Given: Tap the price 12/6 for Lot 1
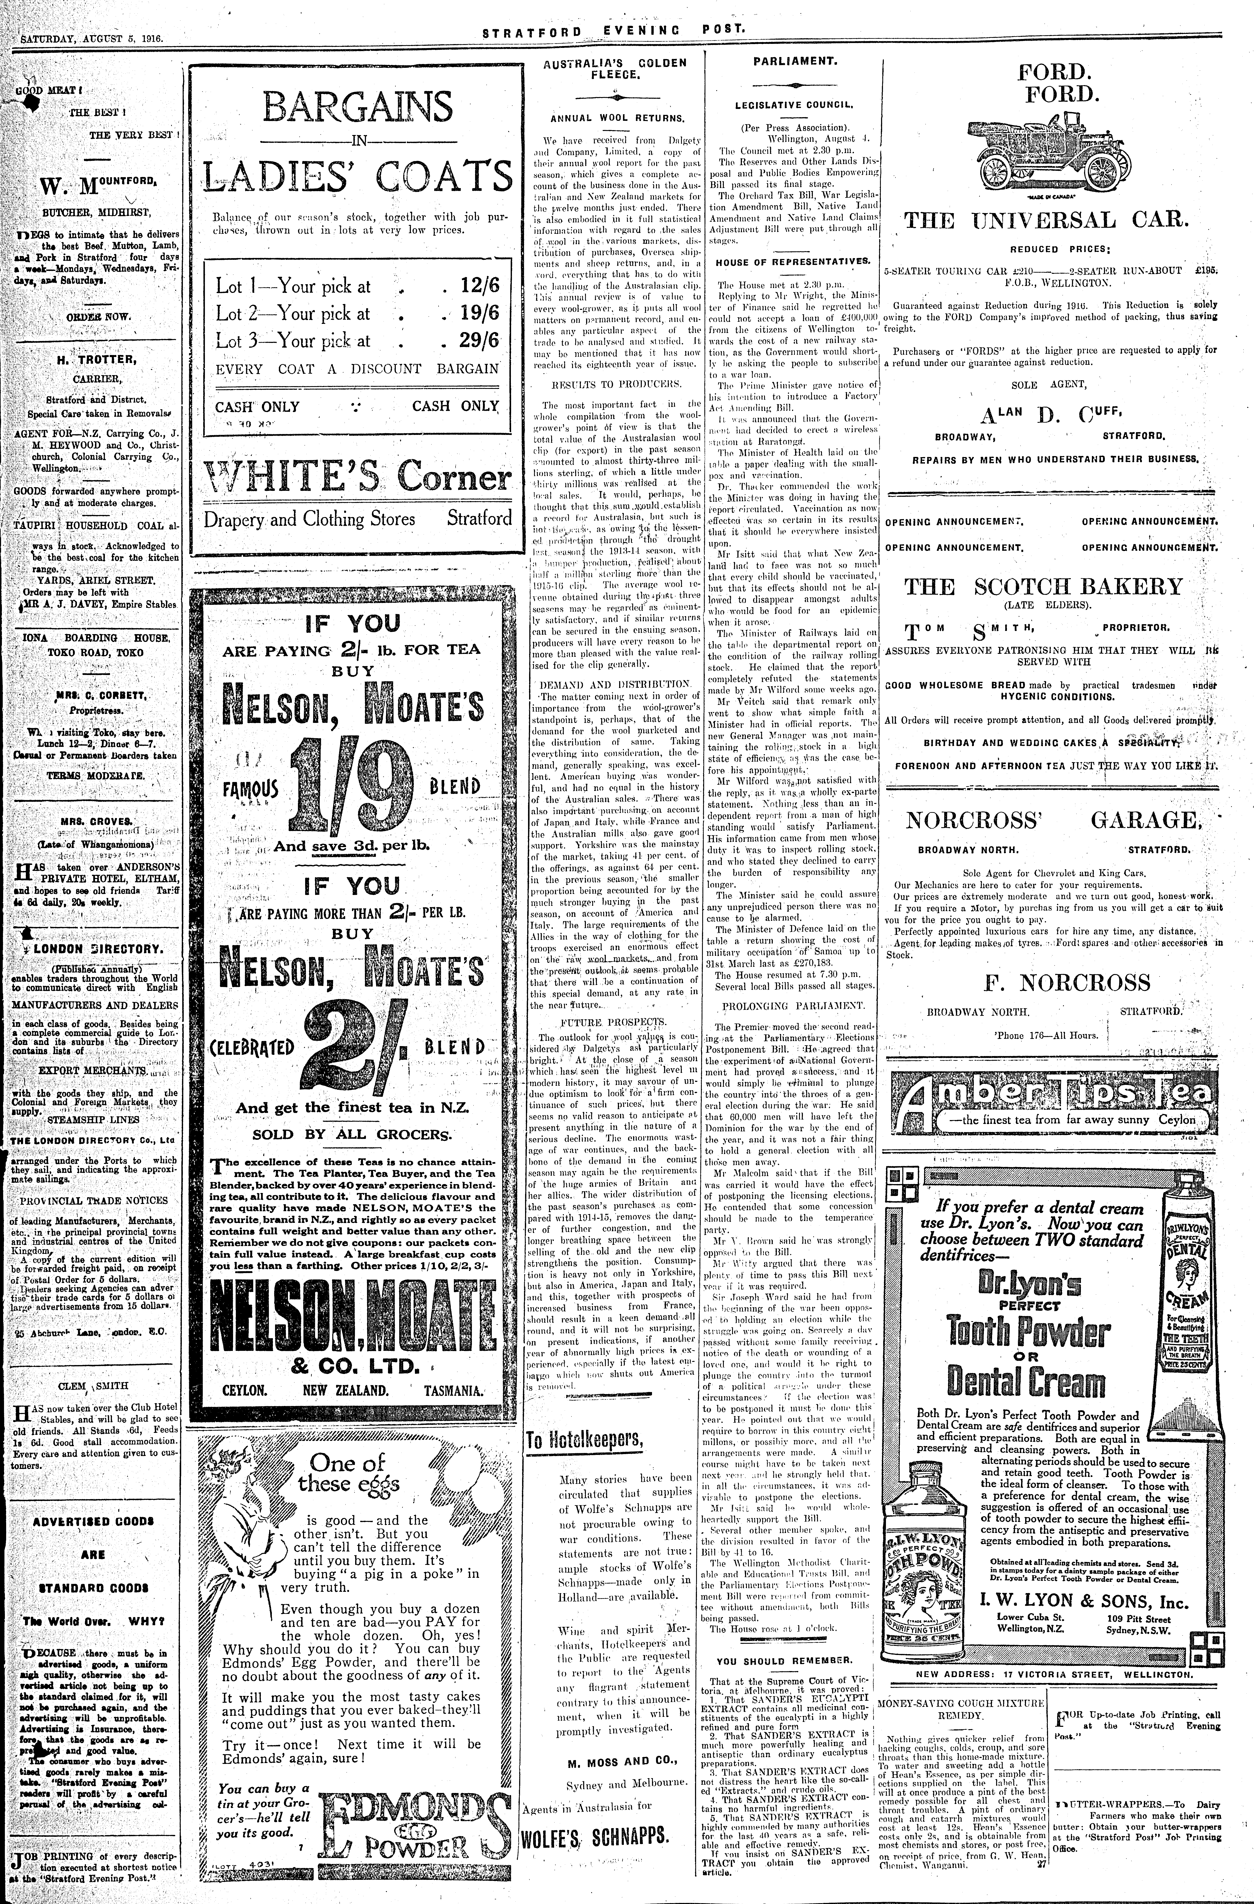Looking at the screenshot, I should tap(480, 286).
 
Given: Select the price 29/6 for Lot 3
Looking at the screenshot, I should tap(480, 340).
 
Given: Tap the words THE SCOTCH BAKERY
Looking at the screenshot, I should tap(1043, 586).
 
